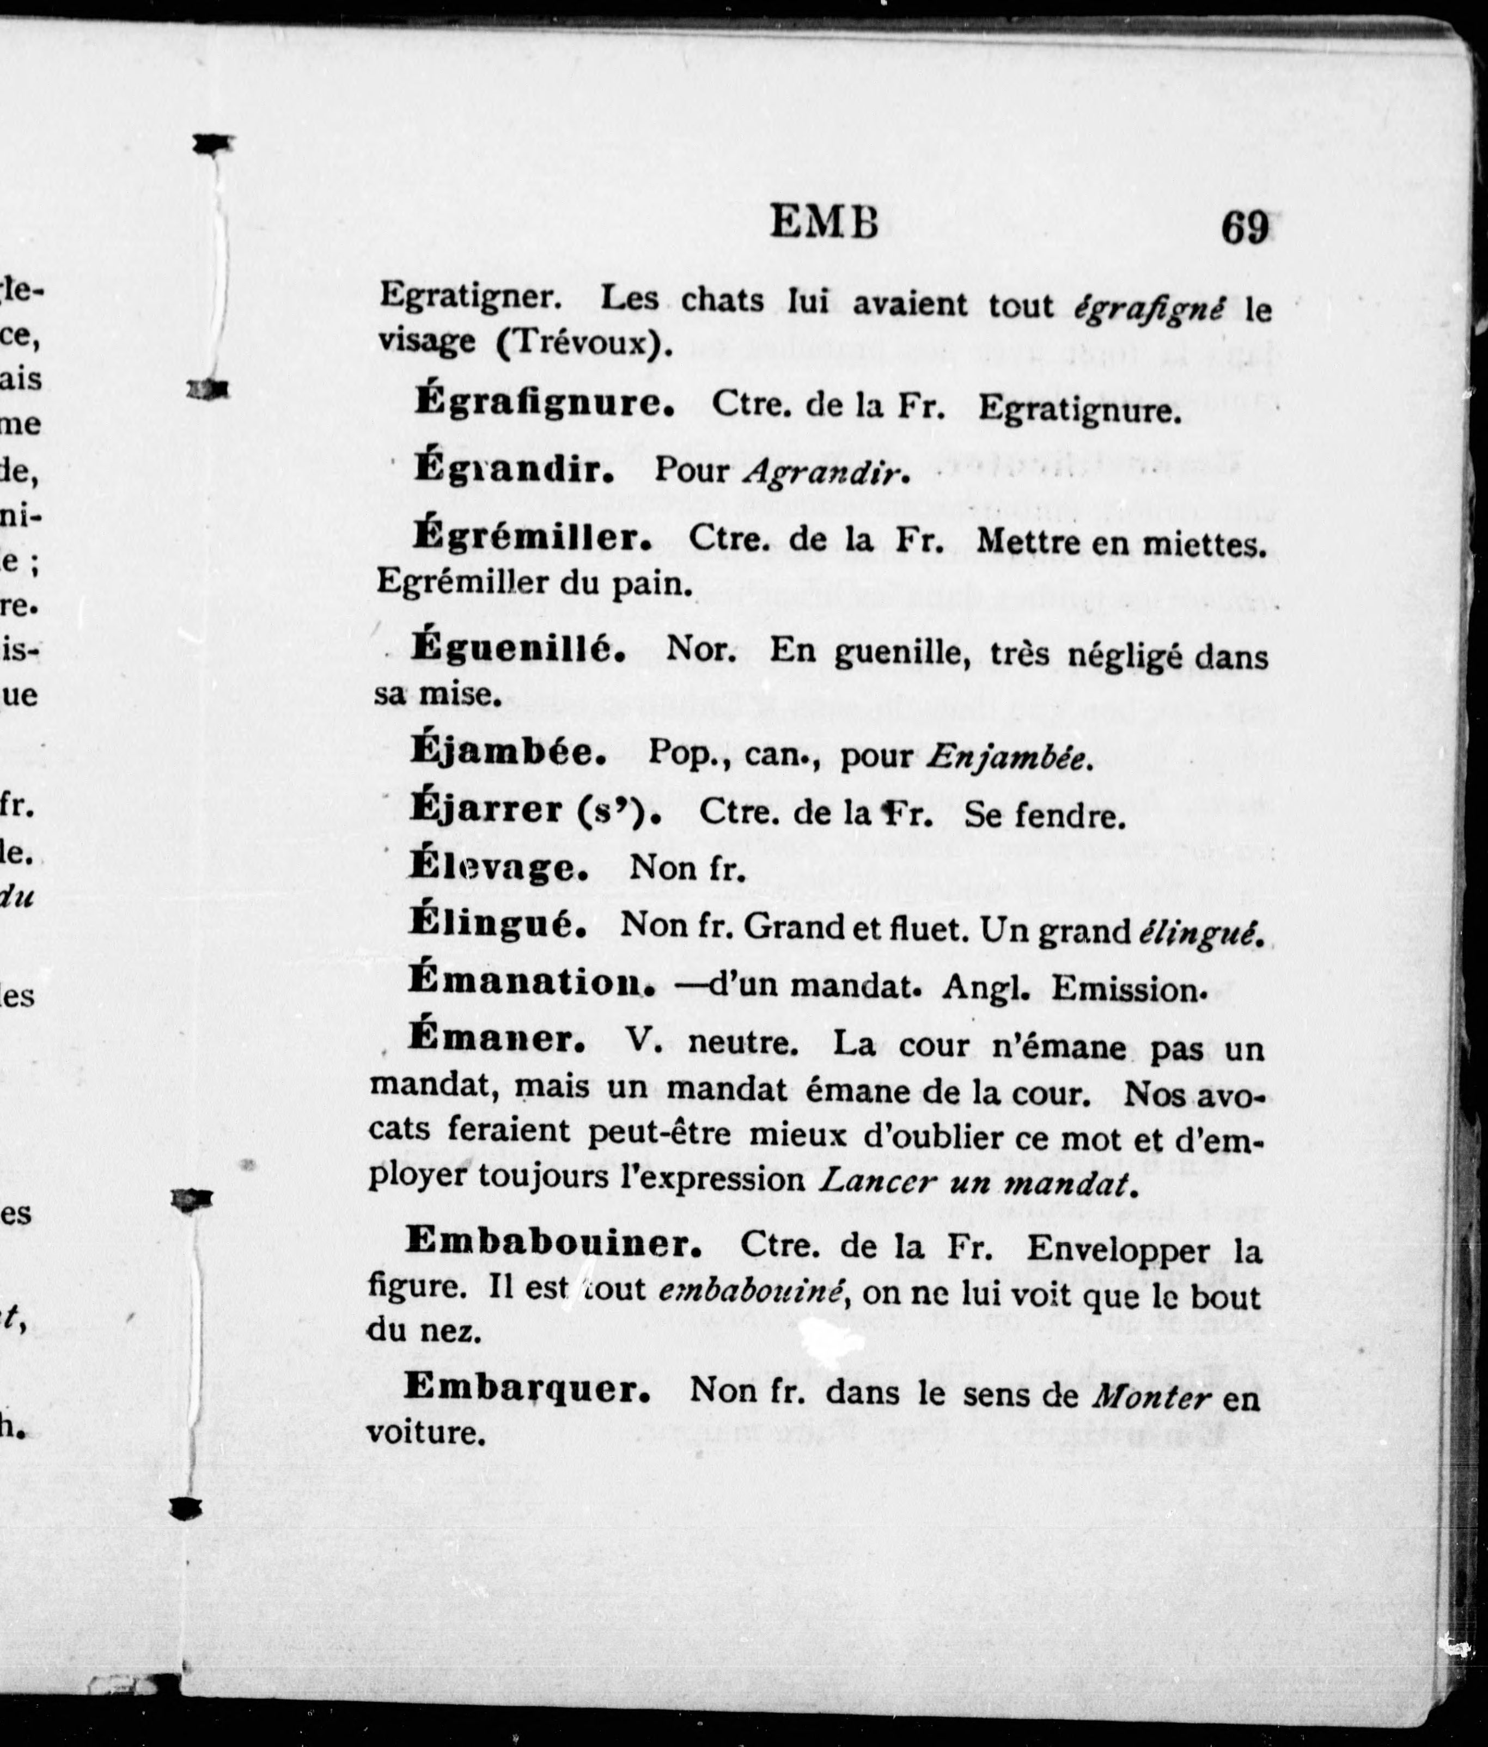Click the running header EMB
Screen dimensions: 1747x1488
click(x=825, y=225)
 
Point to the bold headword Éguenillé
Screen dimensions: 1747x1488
click(x=519, y=649)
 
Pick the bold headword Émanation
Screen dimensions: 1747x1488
click(x=532, y=981)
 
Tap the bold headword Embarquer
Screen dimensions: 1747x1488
click(x=527, y=1388)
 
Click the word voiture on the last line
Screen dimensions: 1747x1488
click(x=426, y=1432)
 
